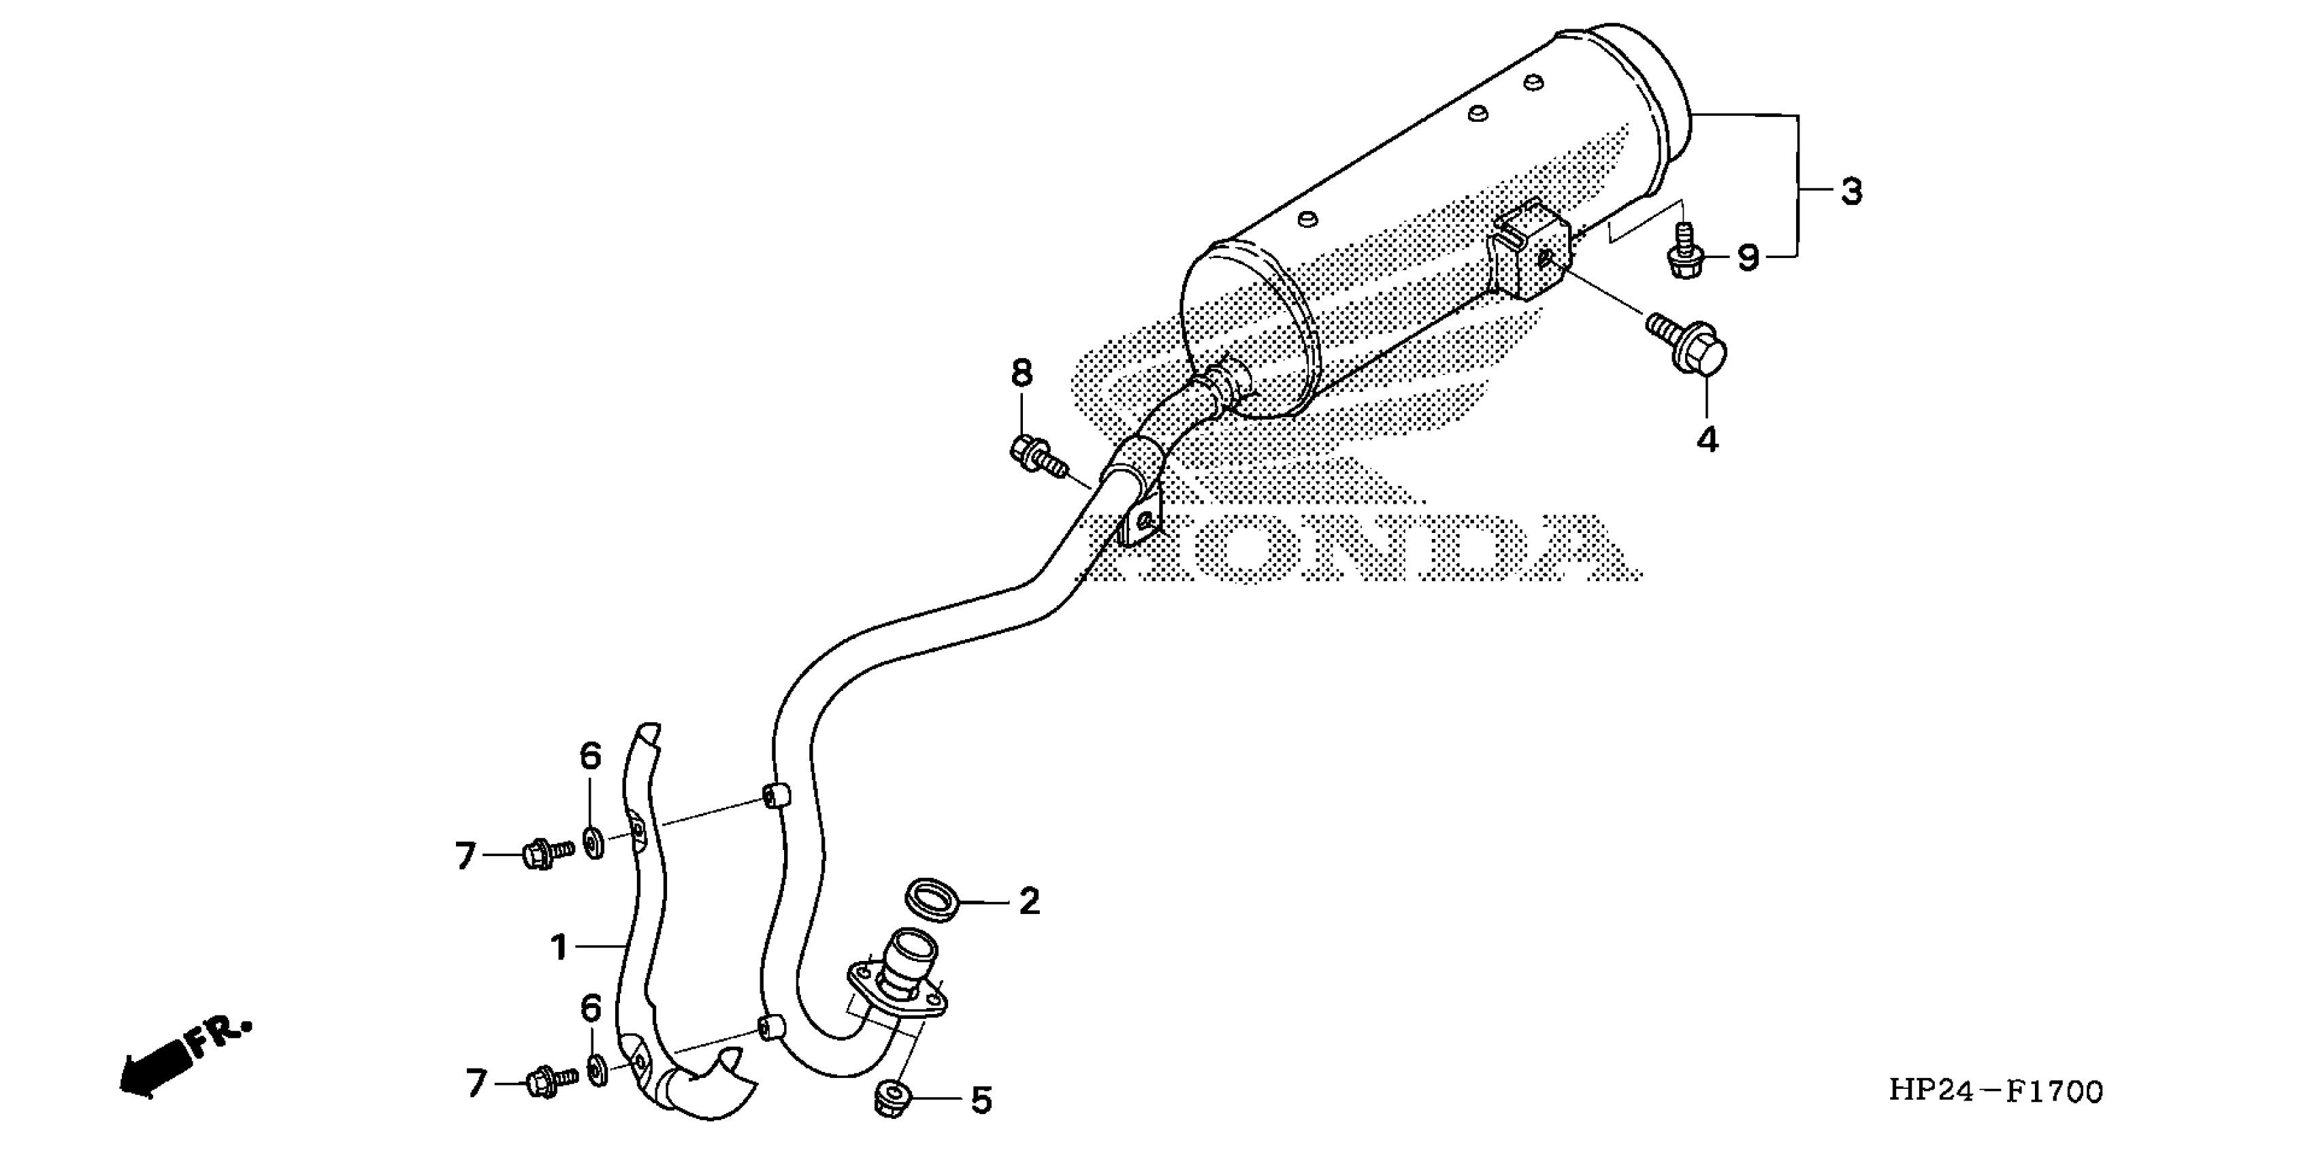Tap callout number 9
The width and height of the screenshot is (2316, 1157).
coord(1747,258)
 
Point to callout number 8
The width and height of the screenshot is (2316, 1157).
coord(1022,373)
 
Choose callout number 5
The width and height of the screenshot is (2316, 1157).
coord(981,1101)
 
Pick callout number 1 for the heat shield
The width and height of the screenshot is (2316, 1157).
coord(559,947)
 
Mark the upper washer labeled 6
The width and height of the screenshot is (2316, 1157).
coord(594,844)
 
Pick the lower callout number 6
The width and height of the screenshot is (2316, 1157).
coord(590,1009)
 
